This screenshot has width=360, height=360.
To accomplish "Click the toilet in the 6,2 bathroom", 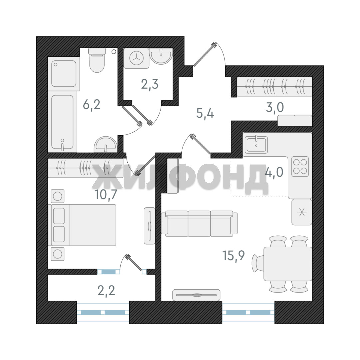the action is point(97,60).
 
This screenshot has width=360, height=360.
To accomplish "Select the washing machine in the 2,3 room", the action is point(136,58).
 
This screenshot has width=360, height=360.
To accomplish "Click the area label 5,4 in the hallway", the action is point(205,113).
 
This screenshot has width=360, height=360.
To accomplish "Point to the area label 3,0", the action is point(275,107).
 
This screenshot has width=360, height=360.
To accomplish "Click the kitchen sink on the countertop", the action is point(256,145).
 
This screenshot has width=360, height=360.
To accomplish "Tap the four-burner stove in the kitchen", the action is point(300,166).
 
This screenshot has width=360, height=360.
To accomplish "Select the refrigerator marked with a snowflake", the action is point(302,212).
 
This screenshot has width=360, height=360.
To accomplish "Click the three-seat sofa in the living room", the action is point(199,224).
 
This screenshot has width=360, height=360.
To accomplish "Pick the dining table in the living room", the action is point(288,264).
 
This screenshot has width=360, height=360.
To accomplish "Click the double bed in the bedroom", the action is point(82,225).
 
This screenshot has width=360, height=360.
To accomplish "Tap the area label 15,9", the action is point(233,256).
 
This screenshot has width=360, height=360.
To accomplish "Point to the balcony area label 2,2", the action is point(106,290).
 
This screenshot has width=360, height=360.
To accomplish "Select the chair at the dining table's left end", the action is point(258,264).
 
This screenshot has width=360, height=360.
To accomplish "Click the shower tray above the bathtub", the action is point(64,73).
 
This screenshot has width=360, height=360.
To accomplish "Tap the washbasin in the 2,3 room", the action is point(161,56).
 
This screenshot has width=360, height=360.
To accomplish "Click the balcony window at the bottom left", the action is point(103,312).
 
